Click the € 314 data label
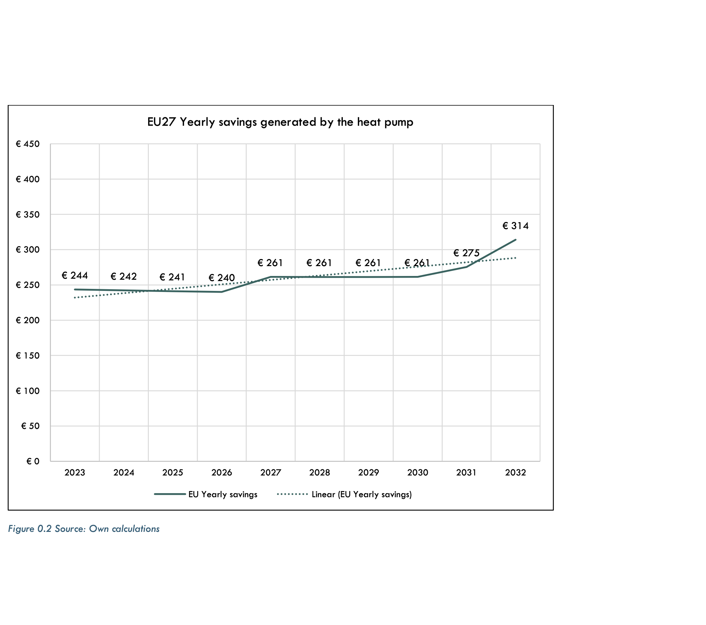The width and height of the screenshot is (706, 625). (515, 226)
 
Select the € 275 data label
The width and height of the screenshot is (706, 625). (466, 253)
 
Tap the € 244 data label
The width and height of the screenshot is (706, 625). (75, 275)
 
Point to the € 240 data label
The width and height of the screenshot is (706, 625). (222, 278)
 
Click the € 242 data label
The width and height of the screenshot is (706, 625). (124, 276)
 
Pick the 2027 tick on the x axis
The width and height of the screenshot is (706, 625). (270, 473)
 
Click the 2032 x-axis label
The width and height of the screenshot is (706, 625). (515, 473)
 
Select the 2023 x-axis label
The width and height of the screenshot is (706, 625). (75, 473)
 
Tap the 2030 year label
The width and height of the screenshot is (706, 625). (417, 473)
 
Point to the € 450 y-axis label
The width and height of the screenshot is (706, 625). (28, 144)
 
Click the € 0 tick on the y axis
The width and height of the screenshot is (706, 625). (33, 462)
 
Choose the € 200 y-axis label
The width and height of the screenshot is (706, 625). (28, 320)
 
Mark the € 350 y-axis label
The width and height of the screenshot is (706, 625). (28, 214)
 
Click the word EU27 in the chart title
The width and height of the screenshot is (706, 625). (161, 122)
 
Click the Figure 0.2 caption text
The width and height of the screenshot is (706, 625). (84, 529)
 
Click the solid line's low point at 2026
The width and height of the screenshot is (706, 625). (222, 292)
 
